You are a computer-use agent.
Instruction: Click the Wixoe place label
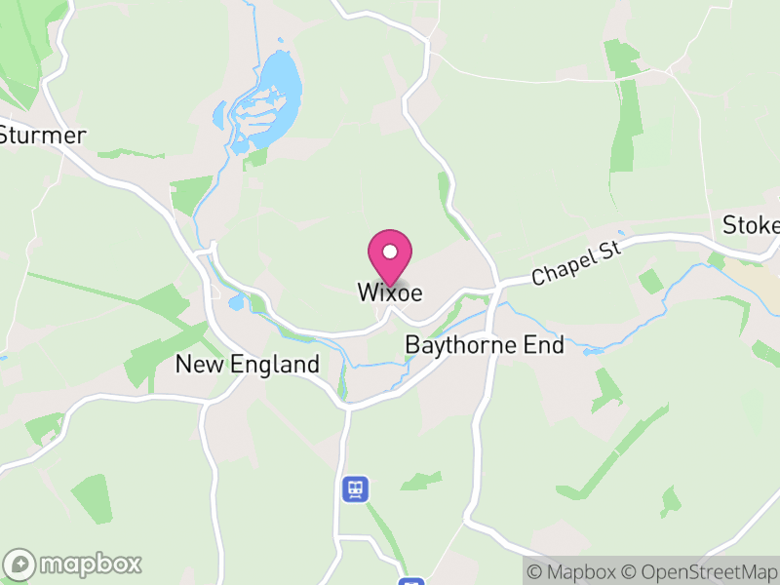[x=389, y=292]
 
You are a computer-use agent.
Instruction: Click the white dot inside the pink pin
[x=390, y=252]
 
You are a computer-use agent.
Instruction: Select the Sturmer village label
[x=44, y=135]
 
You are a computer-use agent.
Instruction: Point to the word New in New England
[x=202, y=365]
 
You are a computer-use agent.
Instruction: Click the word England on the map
[x=276, y=365]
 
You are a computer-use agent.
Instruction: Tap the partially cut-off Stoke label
[x=752, y=226]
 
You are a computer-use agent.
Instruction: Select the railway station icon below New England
[x=355, y=488]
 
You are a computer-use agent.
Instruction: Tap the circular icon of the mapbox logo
[x=21, y=564]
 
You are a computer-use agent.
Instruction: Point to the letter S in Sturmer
[x=6, y=135]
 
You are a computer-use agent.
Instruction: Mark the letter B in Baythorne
[x=411, y=345]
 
